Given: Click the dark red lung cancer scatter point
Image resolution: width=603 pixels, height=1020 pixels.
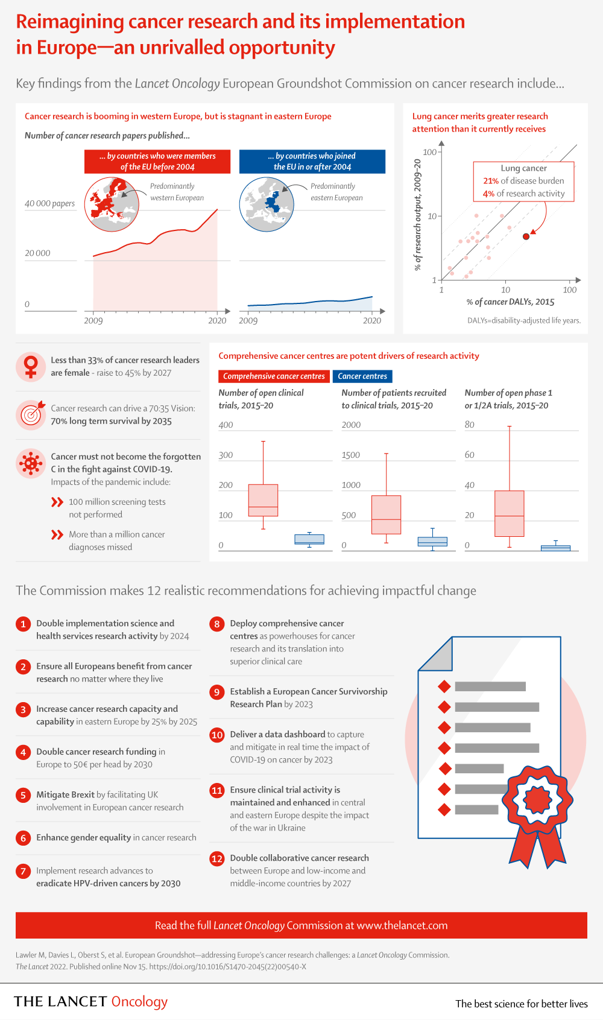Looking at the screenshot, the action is (x=526, y=236).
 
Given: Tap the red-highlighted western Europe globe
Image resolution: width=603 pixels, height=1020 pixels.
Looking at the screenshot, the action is (x=112, y=204).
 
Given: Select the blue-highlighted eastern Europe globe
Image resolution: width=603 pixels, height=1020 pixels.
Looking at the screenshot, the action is (x=267, y=204).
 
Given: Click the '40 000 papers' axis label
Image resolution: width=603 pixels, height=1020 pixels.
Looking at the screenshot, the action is (x=49, y=203).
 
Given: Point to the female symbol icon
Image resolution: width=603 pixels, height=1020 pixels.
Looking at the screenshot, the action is (x=31, y=367).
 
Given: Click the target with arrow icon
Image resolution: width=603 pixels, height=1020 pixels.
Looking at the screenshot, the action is (x=31, y=415).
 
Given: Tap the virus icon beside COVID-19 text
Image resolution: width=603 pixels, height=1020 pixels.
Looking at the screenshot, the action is (x=31, y=463).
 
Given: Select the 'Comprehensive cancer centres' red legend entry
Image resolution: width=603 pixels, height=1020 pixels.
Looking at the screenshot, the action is (x=274, y=376).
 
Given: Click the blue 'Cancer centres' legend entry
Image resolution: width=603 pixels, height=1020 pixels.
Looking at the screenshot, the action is (x=362, y=376).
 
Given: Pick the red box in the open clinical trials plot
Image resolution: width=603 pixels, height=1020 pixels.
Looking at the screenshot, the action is (x=263, y=500).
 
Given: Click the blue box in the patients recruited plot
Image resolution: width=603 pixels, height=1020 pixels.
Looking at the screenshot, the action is (x=432, y=542).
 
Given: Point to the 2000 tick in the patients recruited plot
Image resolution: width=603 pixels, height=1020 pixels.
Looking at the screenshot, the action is (x=351, y=425).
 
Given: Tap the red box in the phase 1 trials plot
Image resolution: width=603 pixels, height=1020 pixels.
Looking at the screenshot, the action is (x=510, y=513).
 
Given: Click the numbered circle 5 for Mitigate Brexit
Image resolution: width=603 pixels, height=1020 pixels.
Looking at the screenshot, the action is (x=23, y=795).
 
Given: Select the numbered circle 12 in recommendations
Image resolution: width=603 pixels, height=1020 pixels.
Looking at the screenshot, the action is (x=217, y=858).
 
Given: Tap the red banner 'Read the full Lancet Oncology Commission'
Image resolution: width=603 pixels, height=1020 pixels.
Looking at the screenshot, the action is (x=301, y=925).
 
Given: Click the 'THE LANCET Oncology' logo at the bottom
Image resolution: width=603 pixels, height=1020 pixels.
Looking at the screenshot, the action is (x=91, y=1001).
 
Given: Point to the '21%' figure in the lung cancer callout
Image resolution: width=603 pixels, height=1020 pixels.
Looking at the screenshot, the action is (x=491, y=181).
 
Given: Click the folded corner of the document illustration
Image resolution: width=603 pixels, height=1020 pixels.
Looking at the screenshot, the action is (x=435, y=654).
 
